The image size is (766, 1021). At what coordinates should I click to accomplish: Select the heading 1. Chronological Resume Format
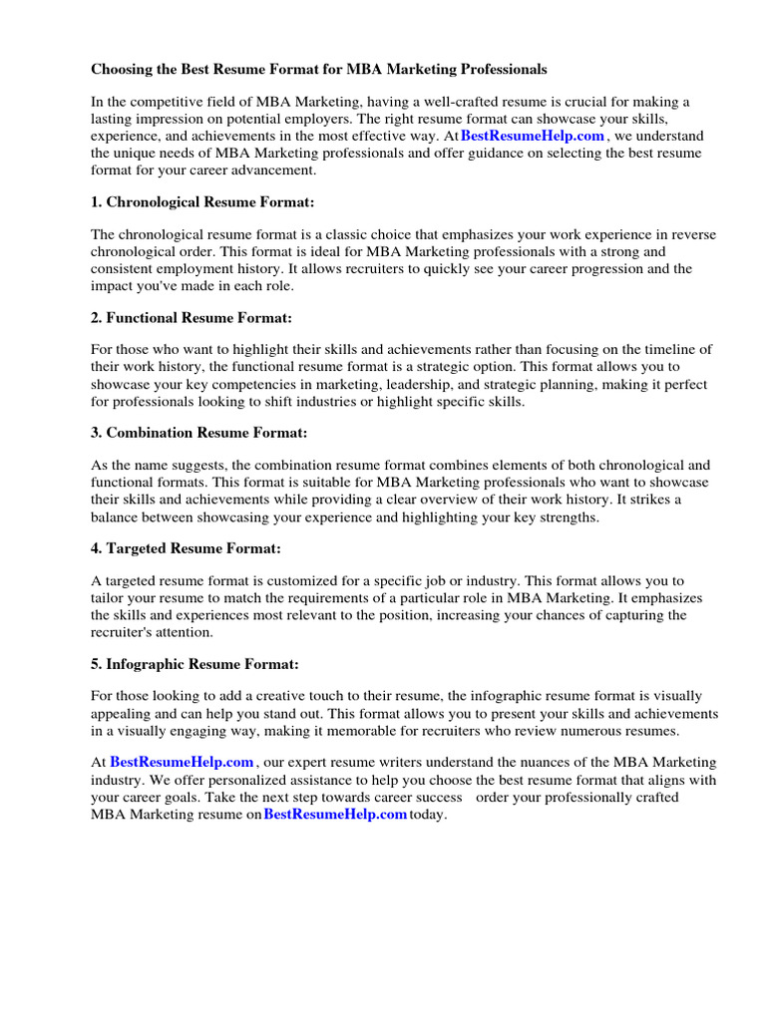[202, 202]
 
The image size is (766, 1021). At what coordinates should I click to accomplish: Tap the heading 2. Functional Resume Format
[191, 318]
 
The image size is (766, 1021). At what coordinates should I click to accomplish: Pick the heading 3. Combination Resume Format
[199, 433]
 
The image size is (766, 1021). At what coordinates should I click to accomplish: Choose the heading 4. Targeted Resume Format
[186, 548]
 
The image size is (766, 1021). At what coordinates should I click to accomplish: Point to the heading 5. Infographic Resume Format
[194, 663]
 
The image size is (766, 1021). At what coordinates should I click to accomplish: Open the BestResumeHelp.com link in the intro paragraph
[533, 136]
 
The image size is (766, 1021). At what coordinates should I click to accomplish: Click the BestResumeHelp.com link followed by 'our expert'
[182, 763]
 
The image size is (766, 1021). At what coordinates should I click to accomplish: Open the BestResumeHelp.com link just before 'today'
[335, 815]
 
